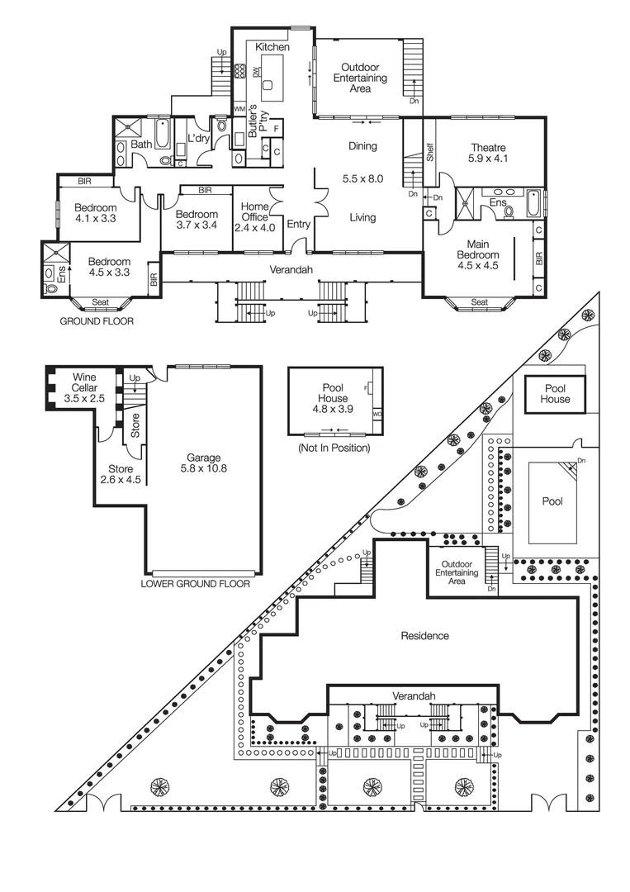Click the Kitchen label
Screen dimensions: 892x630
tap(272, 48)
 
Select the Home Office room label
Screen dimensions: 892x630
tap(253, 216)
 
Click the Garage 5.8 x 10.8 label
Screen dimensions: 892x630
tap(203, 463)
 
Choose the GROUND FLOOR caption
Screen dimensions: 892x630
tap(97, 321)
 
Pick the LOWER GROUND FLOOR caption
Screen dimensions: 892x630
tap(196, 583)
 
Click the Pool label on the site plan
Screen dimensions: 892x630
tap(552, 501)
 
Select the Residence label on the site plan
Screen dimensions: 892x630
tap(424, 636)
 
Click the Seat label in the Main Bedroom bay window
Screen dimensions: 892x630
tap(478, 302)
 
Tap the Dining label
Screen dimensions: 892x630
tap(362, 146)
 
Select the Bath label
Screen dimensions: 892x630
tap(142, 145)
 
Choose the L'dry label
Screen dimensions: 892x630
tap(198, 138)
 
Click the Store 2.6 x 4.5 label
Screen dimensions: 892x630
tap(121, 474)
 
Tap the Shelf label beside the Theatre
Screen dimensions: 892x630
tap(430, 151)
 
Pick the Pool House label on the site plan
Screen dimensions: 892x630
tap(555, 393)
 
